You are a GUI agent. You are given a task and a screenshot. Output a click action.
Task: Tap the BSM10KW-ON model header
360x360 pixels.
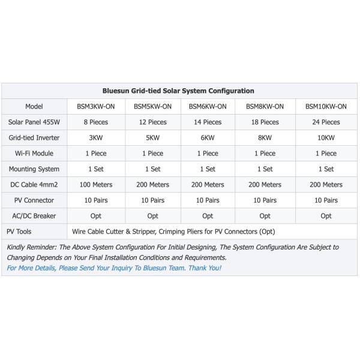tap(326, 106)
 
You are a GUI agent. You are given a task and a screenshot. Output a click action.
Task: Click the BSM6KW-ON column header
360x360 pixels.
tap(208, 106)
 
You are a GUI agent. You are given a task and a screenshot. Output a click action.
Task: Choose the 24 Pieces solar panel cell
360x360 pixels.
tap(326, 122)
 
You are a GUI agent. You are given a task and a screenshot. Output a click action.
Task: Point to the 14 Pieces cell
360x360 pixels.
tap(208, 122)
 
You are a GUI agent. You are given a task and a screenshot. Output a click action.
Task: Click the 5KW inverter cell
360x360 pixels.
tap(153, 137)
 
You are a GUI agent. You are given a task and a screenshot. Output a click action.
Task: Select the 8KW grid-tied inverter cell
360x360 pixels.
tap(265, 137)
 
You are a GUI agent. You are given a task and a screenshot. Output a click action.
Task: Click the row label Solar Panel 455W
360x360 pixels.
tap(34, 122)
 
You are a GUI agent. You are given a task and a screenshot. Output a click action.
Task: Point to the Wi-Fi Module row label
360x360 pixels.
tap(34, 153)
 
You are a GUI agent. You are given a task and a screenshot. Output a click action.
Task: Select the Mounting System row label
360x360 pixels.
tap(34, 169)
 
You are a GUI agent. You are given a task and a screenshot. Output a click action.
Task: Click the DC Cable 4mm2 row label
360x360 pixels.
tap(34, 184)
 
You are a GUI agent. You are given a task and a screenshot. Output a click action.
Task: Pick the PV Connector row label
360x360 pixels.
tap(34, 200)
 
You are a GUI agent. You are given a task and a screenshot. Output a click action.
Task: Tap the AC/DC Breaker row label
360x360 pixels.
tap(34, 215)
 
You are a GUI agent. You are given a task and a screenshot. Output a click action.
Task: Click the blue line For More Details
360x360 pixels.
tap(114, 268)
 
